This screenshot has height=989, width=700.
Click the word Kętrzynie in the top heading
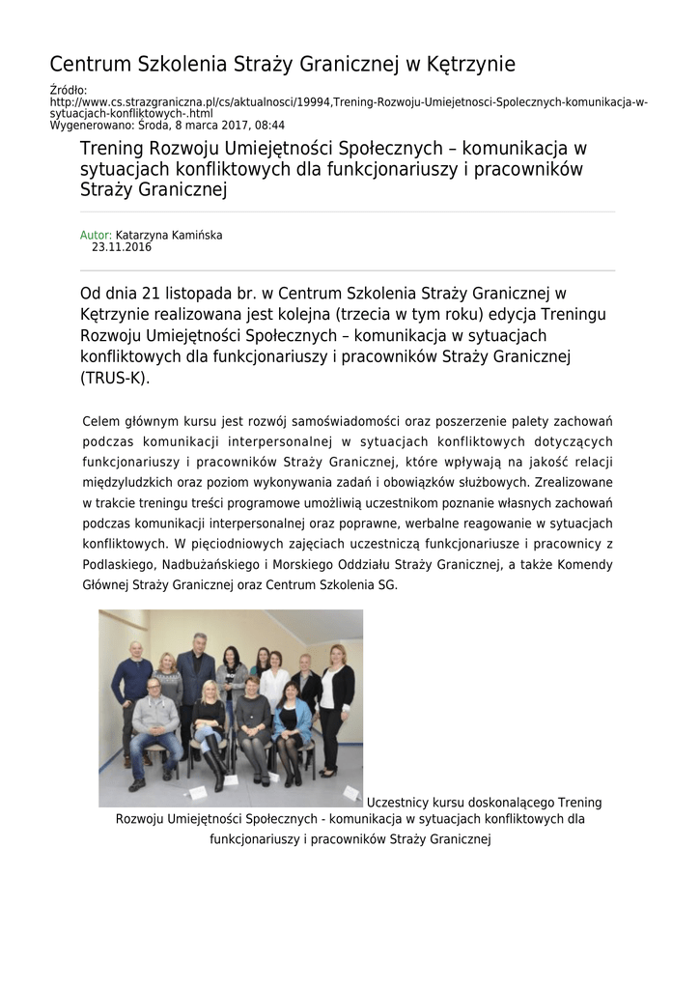470,65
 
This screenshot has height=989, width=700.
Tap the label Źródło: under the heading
68,91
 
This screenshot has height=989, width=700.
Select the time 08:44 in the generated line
268,126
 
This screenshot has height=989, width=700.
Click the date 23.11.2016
122,247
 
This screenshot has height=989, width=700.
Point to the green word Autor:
96,235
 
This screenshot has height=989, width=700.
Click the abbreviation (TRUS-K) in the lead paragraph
116,379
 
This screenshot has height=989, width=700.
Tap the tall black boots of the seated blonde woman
215,765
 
